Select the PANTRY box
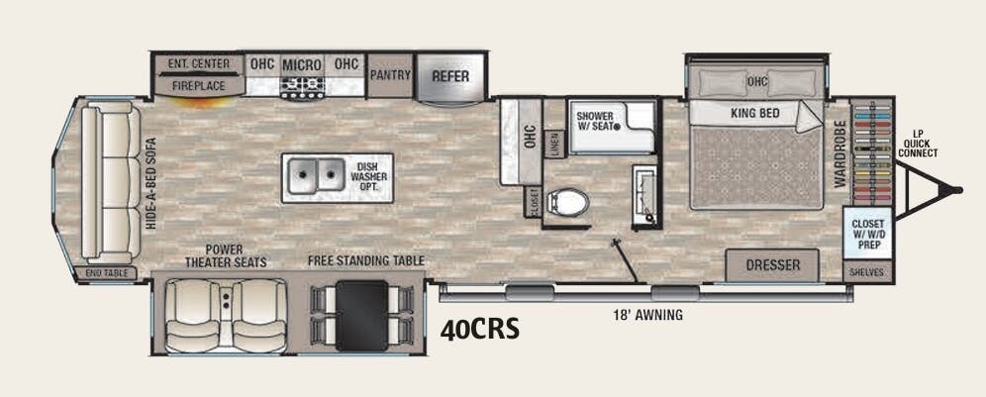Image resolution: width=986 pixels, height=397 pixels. (x=390, y=74)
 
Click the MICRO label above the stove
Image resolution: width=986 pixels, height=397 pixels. (x=302, y=65)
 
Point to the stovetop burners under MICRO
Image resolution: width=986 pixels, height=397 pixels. (x=301, y=88)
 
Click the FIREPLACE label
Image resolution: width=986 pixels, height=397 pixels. (x=198, y=87)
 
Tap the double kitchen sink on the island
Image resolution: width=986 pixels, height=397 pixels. (x=316, y=178)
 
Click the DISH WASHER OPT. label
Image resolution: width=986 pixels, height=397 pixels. (x=369, y=178)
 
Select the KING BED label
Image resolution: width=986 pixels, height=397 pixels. (x=755, y=114)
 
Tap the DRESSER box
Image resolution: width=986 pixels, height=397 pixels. (x=772, y=265)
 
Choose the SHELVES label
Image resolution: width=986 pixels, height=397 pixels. (x=868, y=271)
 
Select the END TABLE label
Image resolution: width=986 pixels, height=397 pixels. (x=106, y=272)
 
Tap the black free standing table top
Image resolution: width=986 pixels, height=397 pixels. (x=360, y=315)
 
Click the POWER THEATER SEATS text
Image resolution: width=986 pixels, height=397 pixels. (x=226, y=255)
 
